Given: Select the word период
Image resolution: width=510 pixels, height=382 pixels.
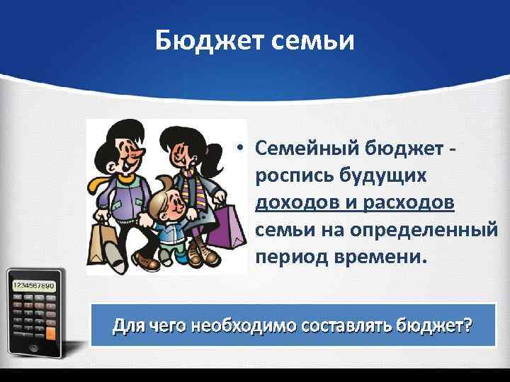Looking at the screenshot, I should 289,255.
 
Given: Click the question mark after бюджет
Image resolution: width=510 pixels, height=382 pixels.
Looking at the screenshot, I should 469,326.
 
